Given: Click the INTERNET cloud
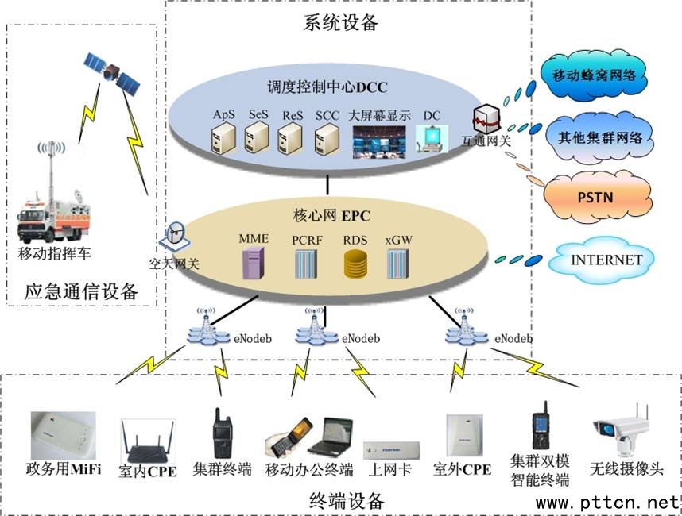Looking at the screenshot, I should click(x=606, y=260).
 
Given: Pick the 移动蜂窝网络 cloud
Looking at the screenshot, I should click(x=599, y=75).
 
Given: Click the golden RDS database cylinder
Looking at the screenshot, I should click(x=354, y=264).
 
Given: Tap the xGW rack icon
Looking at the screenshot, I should click(x=397, y=264).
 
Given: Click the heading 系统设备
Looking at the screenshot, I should click(x=340, y=23).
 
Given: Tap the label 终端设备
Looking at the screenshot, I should click(x=346, y=501).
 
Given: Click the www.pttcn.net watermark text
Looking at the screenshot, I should click(x=607, y=503).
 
